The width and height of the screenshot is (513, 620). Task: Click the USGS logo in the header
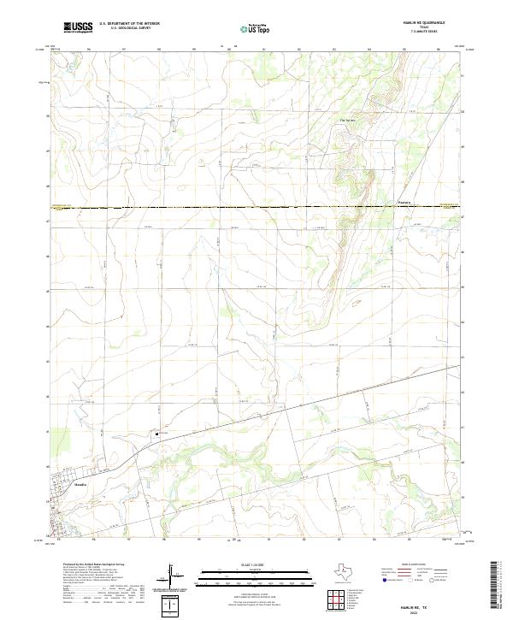pos(77,27)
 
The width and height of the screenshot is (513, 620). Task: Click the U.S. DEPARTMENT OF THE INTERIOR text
pos(129,24)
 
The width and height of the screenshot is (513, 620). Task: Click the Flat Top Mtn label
pos(347,120)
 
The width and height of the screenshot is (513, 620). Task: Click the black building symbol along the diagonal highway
pos(157,434)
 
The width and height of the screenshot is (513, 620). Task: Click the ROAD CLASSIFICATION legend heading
pos(416,565)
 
